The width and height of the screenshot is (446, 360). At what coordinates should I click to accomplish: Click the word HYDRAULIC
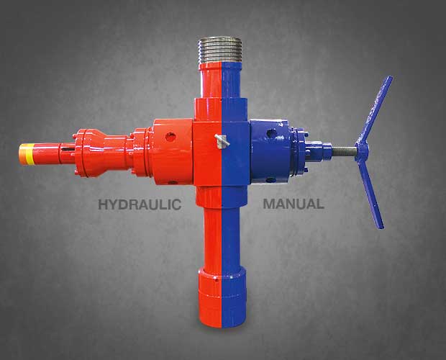pos(140,204)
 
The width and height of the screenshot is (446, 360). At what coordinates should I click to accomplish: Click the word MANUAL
pos(293,204)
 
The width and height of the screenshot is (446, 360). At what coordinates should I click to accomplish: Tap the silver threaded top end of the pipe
pos(220,50)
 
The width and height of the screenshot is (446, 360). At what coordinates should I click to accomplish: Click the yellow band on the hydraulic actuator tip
pos(29,154)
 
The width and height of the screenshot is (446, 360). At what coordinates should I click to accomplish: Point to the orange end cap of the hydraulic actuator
pos(22,154)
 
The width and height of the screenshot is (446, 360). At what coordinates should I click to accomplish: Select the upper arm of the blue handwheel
pos(376,109)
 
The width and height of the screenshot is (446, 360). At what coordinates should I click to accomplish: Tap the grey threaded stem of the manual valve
pos(344,150)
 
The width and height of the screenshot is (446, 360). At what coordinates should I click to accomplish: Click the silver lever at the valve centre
pos(222,141)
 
